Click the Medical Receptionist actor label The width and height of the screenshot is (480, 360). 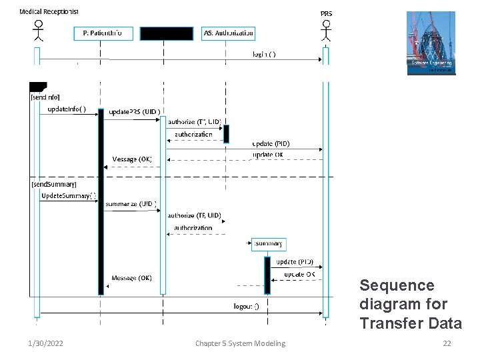pyautogui.click(x=49, y=11)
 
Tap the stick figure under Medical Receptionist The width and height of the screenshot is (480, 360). pyautogui.click(x=38, y=31)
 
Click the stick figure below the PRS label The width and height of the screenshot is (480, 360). pyautogui.click(x=325, y=31)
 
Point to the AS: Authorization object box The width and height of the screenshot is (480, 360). pyautogui.click(x=228, y=33)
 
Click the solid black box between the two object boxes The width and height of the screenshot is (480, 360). pyautogui.click(x=166, y=33)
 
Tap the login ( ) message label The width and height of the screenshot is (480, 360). pyautogui.click(x=265, y=54)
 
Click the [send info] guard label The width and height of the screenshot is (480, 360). pyautogui.click(x=45, y=97)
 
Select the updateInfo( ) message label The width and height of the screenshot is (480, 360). pyautogui.click(x=67, y=109)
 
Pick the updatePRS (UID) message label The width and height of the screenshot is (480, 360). pyautogui.click(x=134, y=111)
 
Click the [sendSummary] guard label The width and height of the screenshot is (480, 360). pyautogui.click(x=54, y=183)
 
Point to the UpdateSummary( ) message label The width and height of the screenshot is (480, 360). pyautogui.click(x=69, y=195)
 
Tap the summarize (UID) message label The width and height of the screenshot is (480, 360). pyautogui.click(x=131, y=204)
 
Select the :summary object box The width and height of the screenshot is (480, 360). pyautogui.click(x=268, y=244)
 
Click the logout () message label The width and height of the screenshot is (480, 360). pyautogui.click(x=251, y=307)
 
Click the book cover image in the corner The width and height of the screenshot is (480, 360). pyautogui.click(x=431, y=43)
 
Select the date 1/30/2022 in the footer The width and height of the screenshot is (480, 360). pyautogui.click(x=46, y=343)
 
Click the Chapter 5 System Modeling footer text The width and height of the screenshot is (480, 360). pyautogui.click(x=240, y=343)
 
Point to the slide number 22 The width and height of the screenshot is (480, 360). pyautogui.click(x=447, y=343)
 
